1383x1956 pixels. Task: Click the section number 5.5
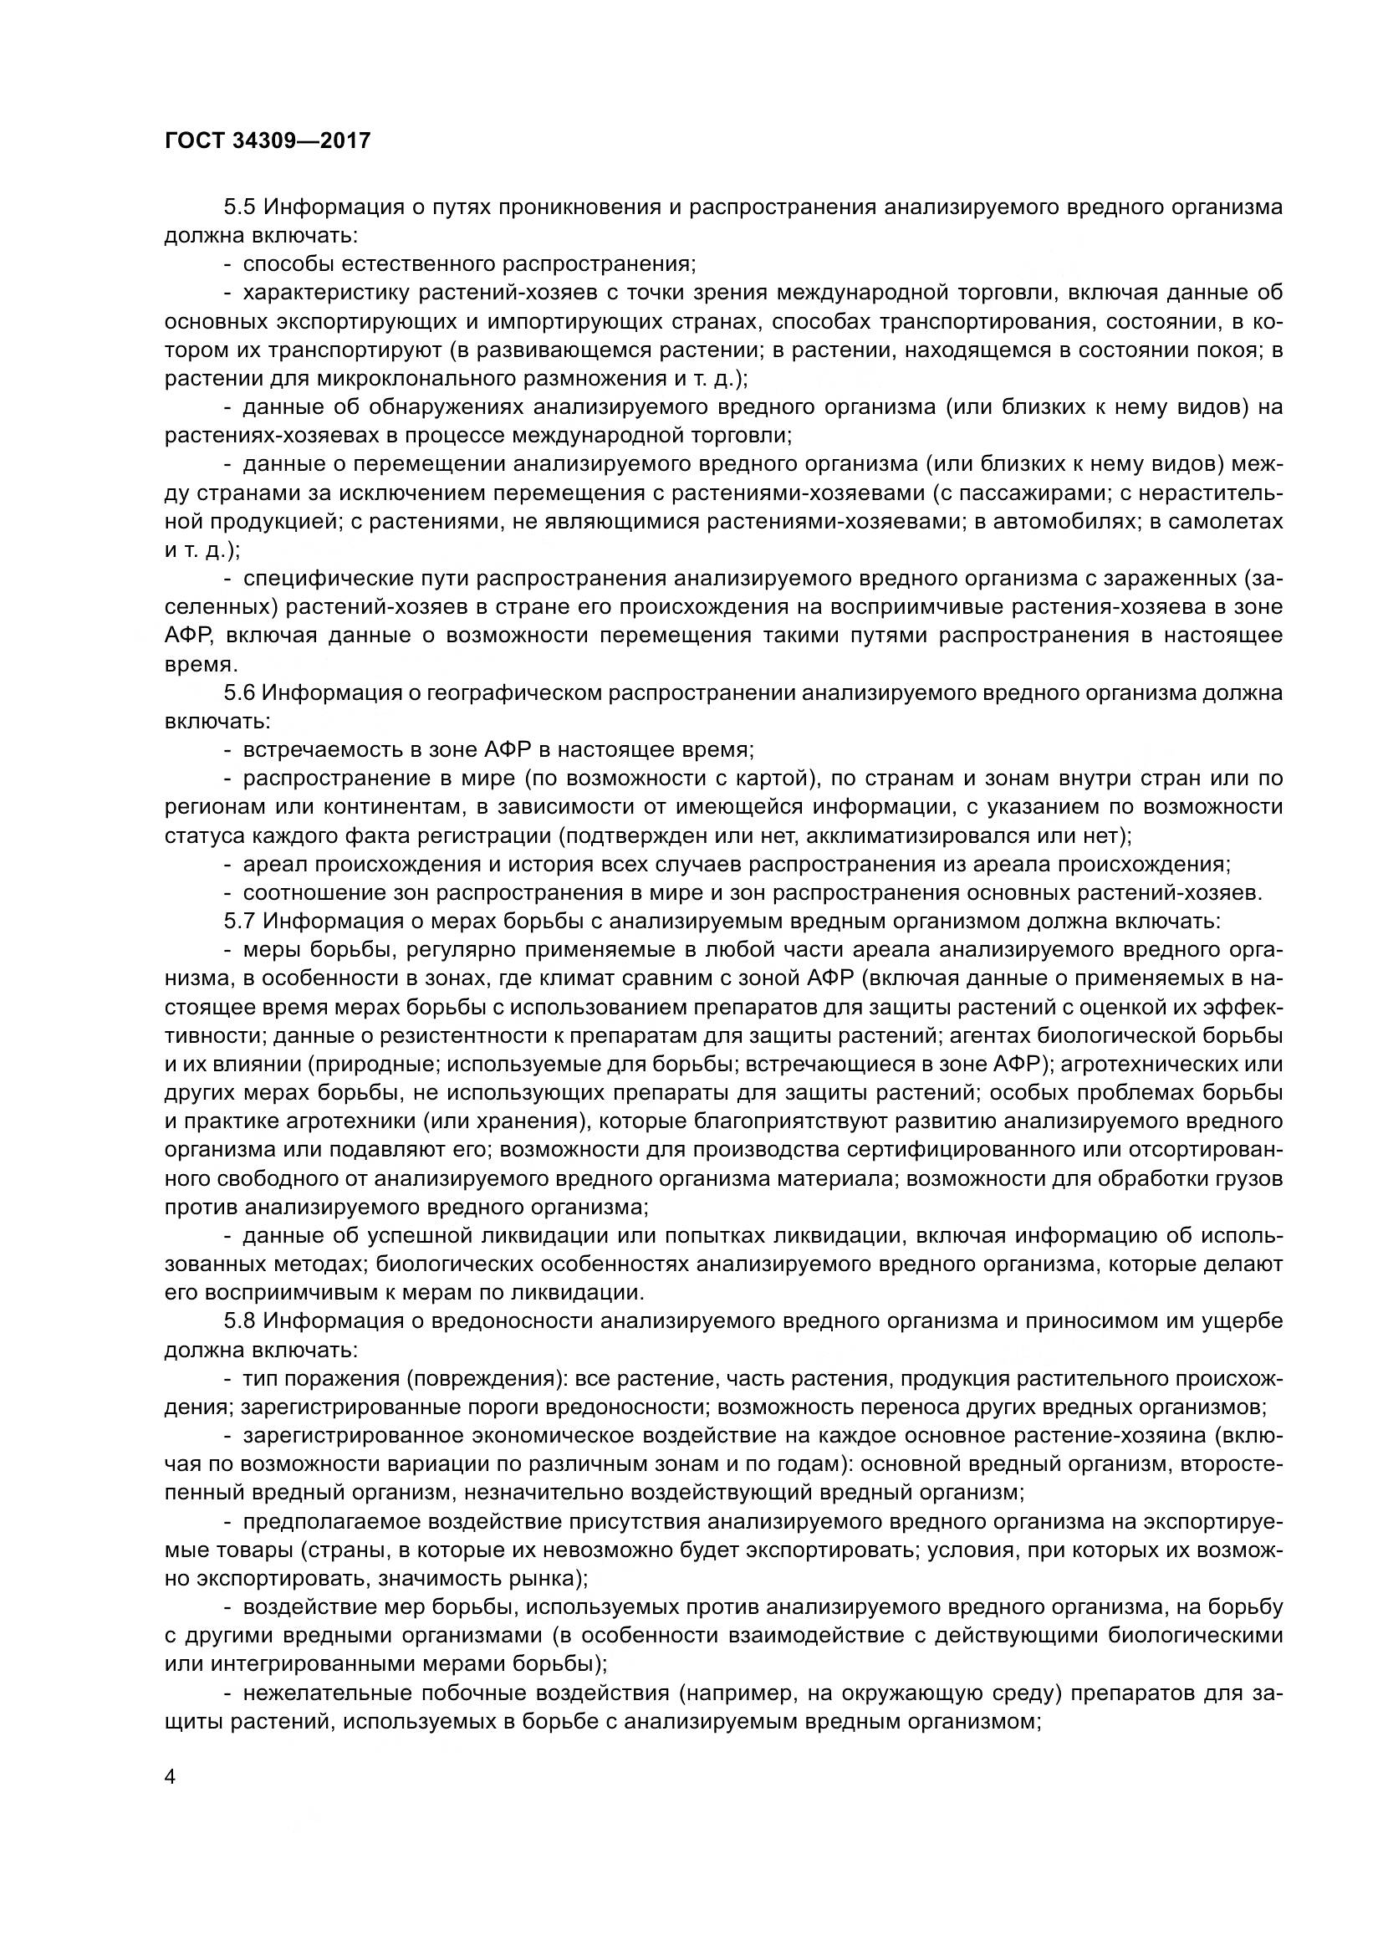coord(241,207)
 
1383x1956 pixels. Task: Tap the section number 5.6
coord(241,692)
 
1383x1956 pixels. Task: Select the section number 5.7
coord(241,921)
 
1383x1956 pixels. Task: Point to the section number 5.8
coord(241,1321)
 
